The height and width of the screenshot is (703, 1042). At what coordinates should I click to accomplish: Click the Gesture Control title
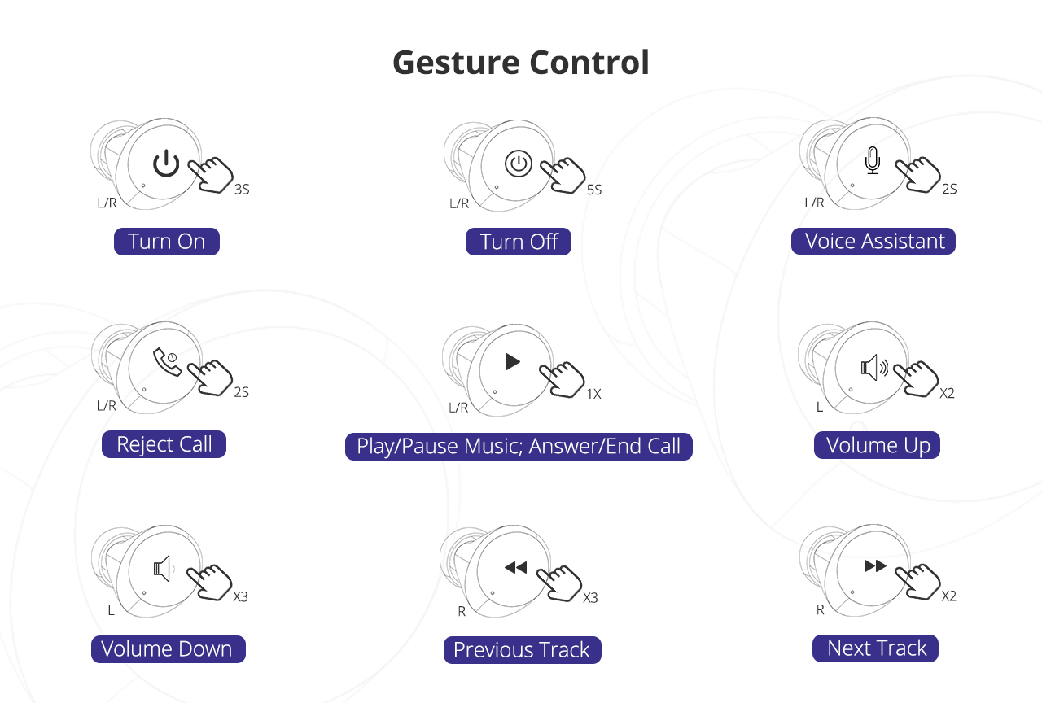[521, 63]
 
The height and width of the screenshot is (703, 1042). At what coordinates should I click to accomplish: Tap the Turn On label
[167, 242]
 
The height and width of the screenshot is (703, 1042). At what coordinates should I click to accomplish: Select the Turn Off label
[519, 242]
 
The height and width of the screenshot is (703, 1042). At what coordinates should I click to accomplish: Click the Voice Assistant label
[873, 242]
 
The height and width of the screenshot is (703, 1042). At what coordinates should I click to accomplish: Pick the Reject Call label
[164, 444]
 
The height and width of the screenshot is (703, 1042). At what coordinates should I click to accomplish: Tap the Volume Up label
[878, 445]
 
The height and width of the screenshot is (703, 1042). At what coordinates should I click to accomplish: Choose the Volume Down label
[168, 649]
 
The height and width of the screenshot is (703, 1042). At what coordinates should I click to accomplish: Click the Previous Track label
[522, 650]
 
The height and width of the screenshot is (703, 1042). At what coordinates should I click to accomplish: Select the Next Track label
[876, 648]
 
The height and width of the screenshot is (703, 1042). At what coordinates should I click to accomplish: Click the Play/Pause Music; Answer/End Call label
[519, 447]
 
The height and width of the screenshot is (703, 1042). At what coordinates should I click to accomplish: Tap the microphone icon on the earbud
[872, 161]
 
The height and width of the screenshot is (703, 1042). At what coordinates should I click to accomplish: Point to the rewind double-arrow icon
[515, 567]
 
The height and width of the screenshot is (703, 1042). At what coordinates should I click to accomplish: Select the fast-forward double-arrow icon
[875, 565]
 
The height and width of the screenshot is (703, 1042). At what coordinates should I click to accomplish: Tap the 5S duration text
[594, 190]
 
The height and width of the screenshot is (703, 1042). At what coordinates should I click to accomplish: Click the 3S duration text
[242, 190]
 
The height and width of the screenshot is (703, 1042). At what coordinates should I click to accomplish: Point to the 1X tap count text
[593, 394]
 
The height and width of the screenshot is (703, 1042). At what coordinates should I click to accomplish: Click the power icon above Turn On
[166, 163]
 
